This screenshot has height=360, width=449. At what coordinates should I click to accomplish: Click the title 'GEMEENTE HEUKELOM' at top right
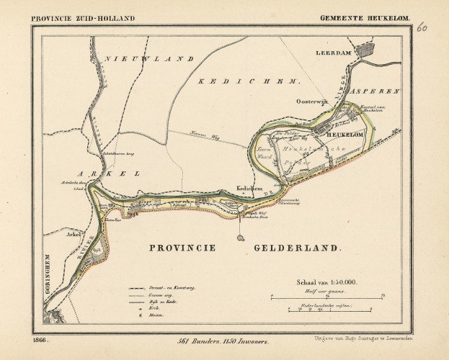point(364,18)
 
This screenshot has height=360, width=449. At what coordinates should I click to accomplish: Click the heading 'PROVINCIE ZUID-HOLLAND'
point(83,18)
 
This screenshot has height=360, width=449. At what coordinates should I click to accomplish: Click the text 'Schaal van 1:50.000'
point(324,282)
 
